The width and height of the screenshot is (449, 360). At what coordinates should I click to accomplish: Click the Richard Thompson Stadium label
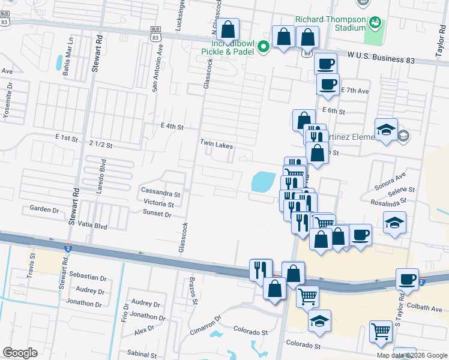click(x=329, y=23)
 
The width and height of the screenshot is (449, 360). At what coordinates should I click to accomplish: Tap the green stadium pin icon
click(x=376, y=23)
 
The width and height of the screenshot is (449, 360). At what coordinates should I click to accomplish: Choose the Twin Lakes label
click(x=216, y=145)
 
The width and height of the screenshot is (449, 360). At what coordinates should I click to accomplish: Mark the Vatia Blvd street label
click(x=92, y=227)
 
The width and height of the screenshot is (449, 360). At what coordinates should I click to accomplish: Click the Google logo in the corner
click(x=20, y=353)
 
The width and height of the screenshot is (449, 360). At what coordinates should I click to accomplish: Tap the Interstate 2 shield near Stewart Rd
click(x=68, y=247)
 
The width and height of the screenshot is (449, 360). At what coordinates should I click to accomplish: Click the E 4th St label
click(x=172, y=127)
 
